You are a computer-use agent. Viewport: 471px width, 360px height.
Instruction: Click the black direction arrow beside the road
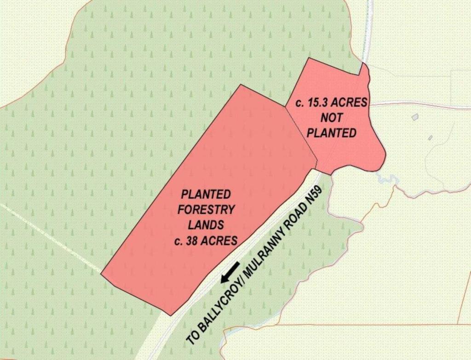(x=230, y=272)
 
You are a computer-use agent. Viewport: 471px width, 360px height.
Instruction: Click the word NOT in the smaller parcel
(x=331, y=118)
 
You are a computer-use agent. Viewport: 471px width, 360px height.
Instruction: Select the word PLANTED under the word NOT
(x=332, y=133)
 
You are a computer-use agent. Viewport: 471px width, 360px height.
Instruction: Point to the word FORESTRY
(x=206, y=210)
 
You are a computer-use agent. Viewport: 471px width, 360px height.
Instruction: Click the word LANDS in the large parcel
(x=206, y=225)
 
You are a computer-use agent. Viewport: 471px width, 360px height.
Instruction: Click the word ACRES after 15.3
(x=350, y=103)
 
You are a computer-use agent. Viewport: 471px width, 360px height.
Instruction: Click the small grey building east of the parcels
(x=415, y=117)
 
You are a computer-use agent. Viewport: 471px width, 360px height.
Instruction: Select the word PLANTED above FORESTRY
(x=206, y=194)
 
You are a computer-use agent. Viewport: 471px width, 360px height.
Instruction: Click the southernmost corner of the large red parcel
(x=171, y=315)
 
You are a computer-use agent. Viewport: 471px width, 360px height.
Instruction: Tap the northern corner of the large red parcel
(x=241, y=85)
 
